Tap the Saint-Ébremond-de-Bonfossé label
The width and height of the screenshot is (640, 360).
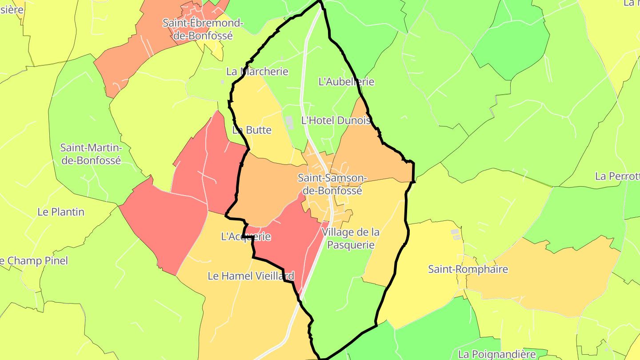pyautogui.click(x=203, y=29)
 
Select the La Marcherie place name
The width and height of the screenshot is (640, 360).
pyautogui.click(x=257, y=72)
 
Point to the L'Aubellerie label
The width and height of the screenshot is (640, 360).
pyautogui.click(x=347, y=82)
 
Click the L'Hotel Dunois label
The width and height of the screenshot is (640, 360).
pyautogui.click(x=336, y=120)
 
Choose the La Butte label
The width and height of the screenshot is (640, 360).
pyautogui.click(x=252, y=130)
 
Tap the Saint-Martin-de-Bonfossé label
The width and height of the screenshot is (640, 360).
pyautogui.click(x=91, y=154)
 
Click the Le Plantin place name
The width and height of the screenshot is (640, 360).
pyautogui.click(x=61, y=212)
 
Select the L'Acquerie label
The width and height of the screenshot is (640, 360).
pyautogui.click(x=246, y=236)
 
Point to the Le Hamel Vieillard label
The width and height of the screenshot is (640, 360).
pyautogui.click(x=251, y=276)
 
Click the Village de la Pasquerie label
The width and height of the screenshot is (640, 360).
pyautogui.click(x=351, y=238)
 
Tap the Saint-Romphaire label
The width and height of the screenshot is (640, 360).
pyautogui.click(x=462, y=269)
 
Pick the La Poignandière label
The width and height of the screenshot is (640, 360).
pyautogui.click(x=497, y=354)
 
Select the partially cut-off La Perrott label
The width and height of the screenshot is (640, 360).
pyautogui.click(x=617, y=176)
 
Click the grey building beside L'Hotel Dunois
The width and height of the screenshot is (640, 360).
pyautogui.click(x=290, y=122)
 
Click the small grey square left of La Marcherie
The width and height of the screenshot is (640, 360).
pyautogui.click(x=222, y=82)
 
